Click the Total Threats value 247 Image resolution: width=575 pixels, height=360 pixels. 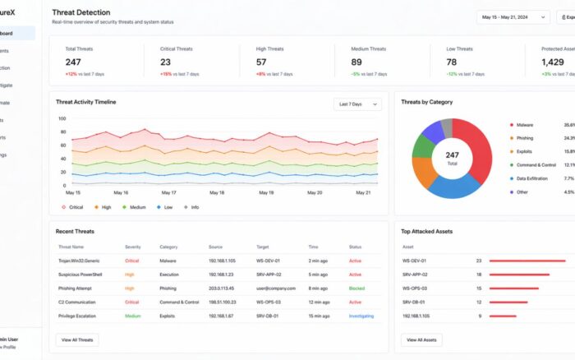[x=73, y=62]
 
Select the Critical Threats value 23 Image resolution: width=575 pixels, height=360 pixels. [x=166, y=62]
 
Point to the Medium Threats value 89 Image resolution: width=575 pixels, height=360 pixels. [x=356, y=62]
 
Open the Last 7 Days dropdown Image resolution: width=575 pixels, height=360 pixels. [x=358, y=104]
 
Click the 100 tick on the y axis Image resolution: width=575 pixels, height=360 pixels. [x=61, y=118]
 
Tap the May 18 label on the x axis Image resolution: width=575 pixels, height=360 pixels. [x=217, y=193]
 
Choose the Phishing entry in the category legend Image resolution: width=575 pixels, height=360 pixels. [x=524, y=138]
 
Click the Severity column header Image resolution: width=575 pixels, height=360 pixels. [x=132, y=247]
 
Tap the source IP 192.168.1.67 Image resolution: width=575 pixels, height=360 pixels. [x=221, y=316]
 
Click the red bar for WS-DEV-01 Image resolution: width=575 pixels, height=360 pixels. [x=527, y=261]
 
